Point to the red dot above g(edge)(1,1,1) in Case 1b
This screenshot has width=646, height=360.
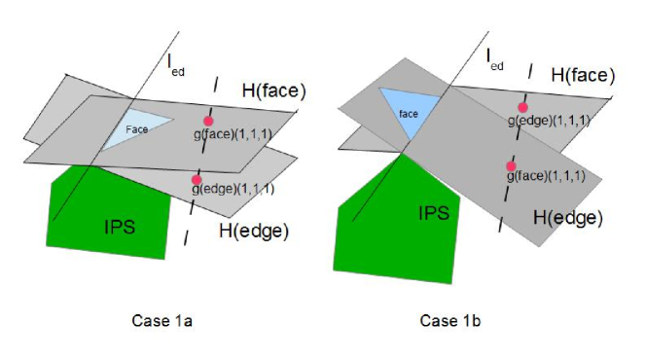click(x=522, y=107)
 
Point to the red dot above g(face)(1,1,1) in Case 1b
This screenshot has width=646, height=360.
click(x=510, y=166)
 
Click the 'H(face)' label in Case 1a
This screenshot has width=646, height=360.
click(x=273, y=90)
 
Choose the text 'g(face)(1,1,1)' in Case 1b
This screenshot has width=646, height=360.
click(x=545, y=177)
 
